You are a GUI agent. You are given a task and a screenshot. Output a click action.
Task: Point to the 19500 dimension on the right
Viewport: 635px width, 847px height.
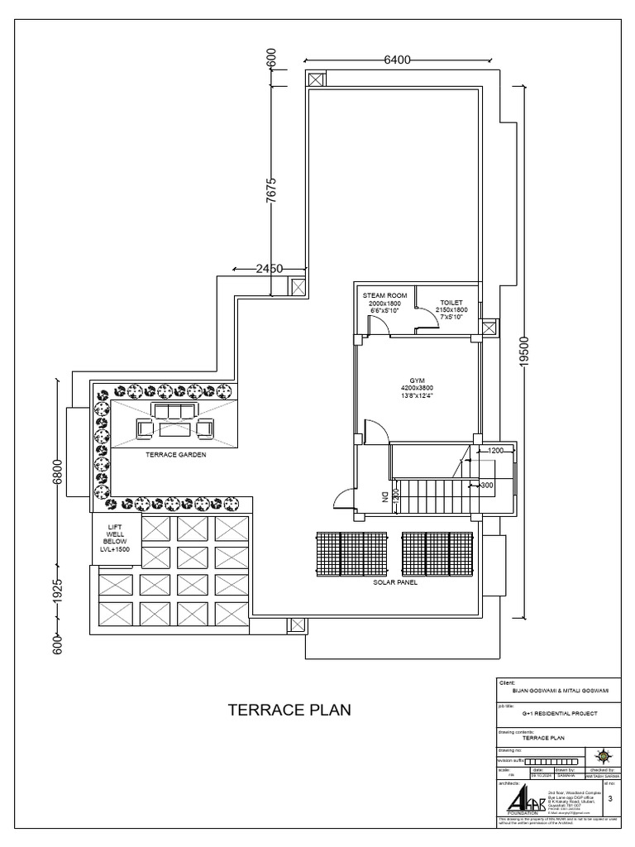pos(523,354)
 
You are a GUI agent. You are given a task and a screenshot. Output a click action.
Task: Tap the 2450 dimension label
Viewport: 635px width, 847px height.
pos(270,268)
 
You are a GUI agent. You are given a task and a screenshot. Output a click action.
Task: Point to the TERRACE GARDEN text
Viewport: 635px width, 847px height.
pos(174,455)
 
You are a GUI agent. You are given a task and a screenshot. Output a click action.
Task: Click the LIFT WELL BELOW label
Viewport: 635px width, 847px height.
pos(115,538)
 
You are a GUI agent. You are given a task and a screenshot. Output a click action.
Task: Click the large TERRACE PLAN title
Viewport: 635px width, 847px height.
pos(289,710)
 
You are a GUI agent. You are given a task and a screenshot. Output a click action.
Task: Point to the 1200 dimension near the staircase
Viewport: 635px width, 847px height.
pos(496,451)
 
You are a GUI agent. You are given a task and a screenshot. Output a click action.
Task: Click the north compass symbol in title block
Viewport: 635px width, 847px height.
pos(603,754)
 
